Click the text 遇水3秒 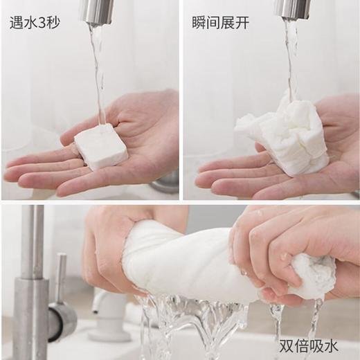[x=35, y=22]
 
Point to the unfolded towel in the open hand [x=284, y=134]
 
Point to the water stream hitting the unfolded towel [x=291, y=55]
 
